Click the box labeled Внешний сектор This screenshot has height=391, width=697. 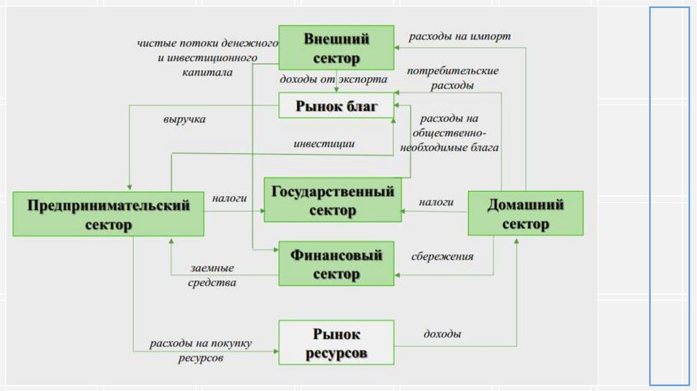point(336,48)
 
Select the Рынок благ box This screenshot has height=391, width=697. point(336,106)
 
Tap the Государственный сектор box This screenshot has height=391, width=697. point(333,200)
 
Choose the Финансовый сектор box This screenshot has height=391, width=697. point(336,264)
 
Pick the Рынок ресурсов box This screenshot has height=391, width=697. point(336,344)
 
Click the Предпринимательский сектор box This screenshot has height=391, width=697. point(109,215)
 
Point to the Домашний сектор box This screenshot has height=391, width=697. point(526,214)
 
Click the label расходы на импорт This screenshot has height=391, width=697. point(459,36)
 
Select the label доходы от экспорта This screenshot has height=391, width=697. point(334,80)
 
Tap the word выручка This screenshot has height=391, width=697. point(184,119)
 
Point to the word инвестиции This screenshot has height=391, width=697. point(324,144)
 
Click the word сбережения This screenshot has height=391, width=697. point(442,257)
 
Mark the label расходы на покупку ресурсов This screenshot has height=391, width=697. point(201,350)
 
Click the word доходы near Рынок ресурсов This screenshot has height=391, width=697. point(442,334)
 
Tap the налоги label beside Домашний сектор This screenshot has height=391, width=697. point(436,202)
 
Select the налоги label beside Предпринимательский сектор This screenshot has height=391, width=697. point(229,198)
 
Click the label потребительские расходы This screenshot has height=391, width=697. point(453,78)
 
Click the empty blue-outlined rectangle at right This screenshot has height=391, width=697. point(669,196)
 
